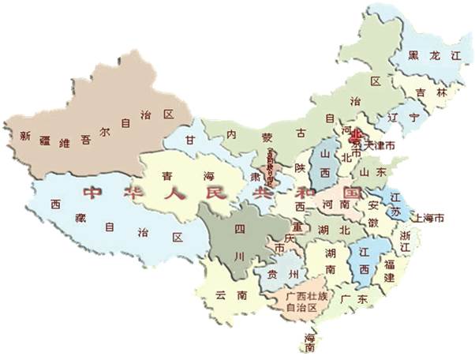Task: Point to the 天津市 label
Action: (x=378, y=146)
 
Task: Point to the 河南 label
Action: (x=335, y=204)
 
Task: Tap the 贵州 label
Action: (x=282, y=275)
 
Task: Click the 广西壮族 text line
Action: (x=300, y=294)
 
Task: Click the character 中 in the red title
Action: (x=92, y=192)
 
